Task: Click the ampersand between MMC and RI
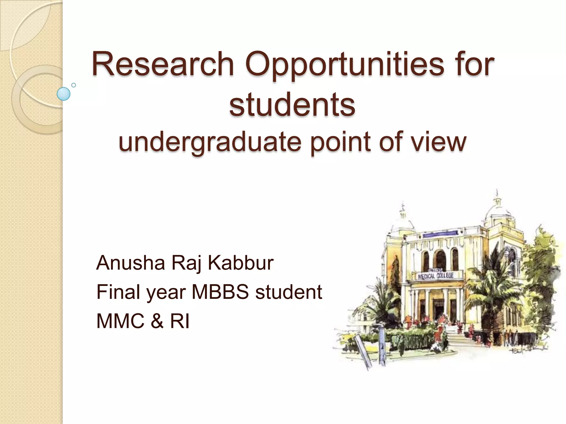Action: (157, 321)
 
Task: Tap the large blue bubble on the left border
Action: (64, 94)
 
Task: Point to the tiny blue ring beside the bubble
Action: (74, 85)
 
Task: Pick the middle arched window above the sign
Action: (441, 259)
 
